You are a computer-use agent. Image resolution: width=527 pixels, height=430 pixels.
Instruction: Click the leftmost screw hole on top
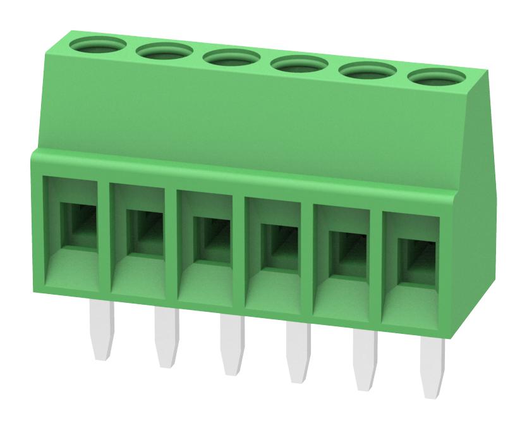tap(97, 46)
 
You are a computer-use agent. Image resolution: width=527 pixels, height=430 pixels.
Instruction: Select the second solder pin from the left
tap(167, 338)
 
